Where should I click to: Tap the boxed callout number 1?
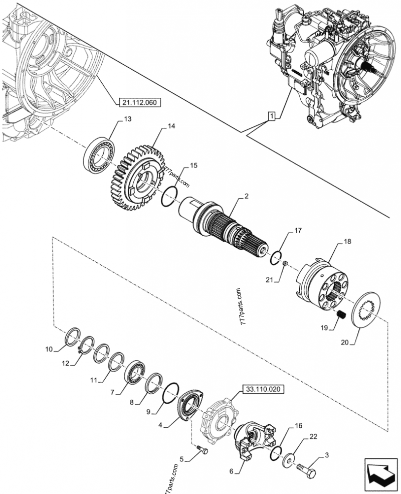point(271,117)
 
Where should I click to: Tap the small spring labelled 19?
point(341,314)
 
